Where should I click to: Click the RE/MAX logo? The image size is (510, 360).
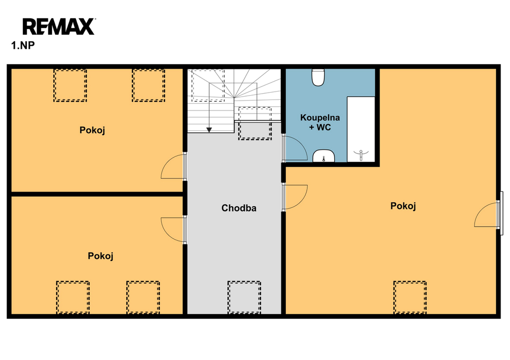[x=59, y=27]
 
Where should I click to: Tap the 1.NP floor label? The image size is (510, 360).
[x=23, y=45]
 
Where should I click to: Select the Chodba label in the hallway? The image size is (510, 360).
[x=239, y=208]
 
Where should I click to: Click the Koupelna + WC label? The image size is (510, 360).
[x=320, y=122]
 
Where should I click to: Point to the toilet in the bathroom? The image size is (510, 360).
[x=318, y=77]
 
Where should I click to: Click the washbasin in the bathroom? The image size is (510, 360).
[x=324, y=156]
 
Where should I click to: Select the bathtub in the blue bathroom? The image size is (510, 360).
[x=361, y=129]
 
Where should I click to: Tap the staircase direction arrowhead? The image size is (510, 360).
[x=209, y=130]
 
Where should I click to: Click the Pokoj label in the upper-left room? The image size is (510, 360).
[x=92, y=130]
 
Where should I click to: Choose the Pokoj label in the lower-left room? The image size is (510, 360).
[x=101, y=256]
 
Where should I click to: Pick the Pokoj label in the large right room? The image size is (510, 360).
[x=403, y=206]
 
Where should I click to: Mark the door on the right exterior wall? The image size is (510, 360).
[x=487, y=215]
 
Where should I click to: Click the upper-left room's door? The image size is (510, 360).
[x=174, y=166]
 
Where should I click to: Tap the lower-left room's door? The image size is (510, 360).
[x=174, y=230]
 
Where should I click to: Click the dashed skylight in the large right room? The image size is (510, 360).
[x=410, y=298]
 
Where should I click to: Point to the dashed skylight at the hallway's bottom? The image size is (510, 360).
[x=244, y=298]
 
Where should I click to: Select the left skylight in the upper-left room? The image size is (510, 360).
[x=70, y=85]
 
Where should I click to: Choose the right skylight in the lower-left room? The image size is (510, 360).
[x=143, y=298]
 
